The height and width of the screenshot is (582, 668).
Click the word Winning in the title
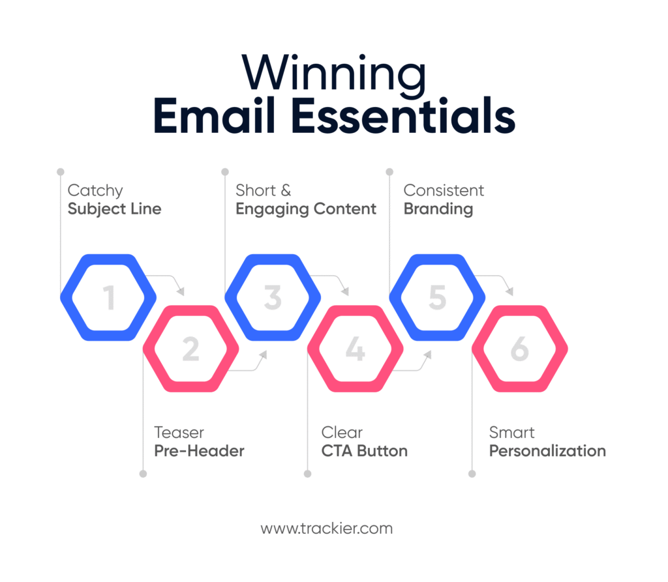pyautogui.click(x=333, y=74)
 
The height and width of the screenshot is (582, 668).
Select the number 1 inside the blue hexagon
pyautogui.click(x=108, y=298)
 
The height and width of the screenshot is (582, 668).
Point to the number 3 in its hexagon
pyautogui.click(x=273, y=298)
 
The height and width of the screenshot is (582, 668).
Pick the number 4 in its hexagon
pyautogui.click(x=355, y=350)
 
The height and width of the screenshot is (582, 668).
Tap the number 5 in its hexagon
pyautogui.click(x=437, y=298)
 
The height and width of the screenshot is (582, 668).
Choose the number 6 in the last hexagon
pyautogui.click(x=519, y=350)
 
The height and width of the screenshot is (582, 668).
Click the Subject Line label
pyautogui.click(x=114, y=209)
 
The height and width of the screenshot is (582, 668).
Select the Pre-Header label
pyautogui.click(x=199, y=451)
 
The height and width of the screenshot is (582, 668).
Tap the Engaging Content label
pyautogui.click(x=306, y=209)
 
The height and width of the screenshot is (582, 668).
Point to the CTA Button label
pyautogui.click(x=364, y=451)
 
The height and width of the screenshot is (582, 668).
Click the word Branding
pyautogui.click(x=438, y=209)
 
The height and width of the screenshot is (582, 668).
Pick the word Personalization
pyautogui.click(x=547, y=451)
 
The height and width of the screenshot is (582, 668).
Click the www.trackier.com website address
pyautogui.click(x=326, y=528)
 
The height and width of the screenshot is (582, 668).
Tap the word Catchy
pyautogui.click(x=95, y=191)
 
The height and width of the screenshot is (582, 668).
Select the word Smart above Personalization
pyautogui.click(x=512, y=433)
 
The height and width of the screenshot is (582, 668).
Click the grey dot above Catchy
pyautogui.click(x=61, y=172)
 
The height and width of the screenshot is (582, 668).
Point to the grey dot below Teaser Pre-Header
pyautogui.click(x=143, y=474)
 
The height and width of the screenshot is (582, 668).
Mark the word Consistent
pyautogui.click(x=444, y=191)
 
